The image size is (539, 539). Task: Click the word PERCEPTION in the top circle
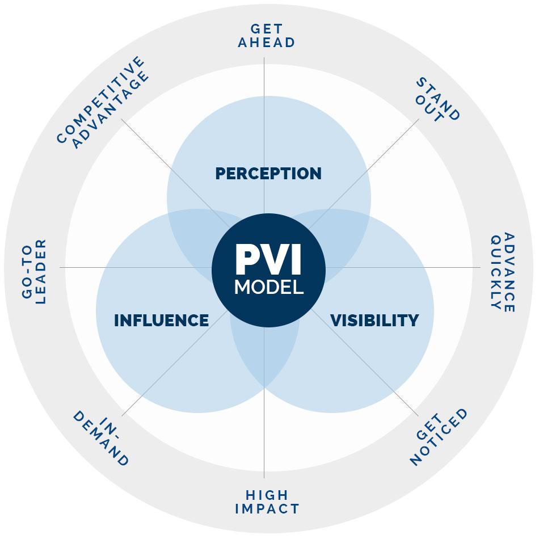[x=268, y=173]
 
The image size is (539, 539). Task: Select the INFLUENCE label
[x=161, y=321]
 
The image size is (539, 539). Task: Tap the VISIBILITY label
[x=374, y=321]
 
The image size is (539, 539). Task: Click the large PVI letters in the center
[x=268, y=260]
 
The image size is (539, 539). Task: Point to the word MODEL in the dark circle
[x=268, y=287]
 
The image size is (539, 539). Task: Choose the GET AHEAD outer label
[x=267, y=35]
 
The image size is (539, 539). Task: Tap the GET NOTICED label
[x=440, y=437]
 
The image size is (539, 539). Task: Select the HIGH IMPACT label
[x=267, y=502]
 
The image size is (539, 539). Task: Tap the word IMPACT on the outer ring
[x=267, y=509]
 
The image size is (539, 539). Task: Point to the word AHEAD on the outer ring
[x=267, y=43]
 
